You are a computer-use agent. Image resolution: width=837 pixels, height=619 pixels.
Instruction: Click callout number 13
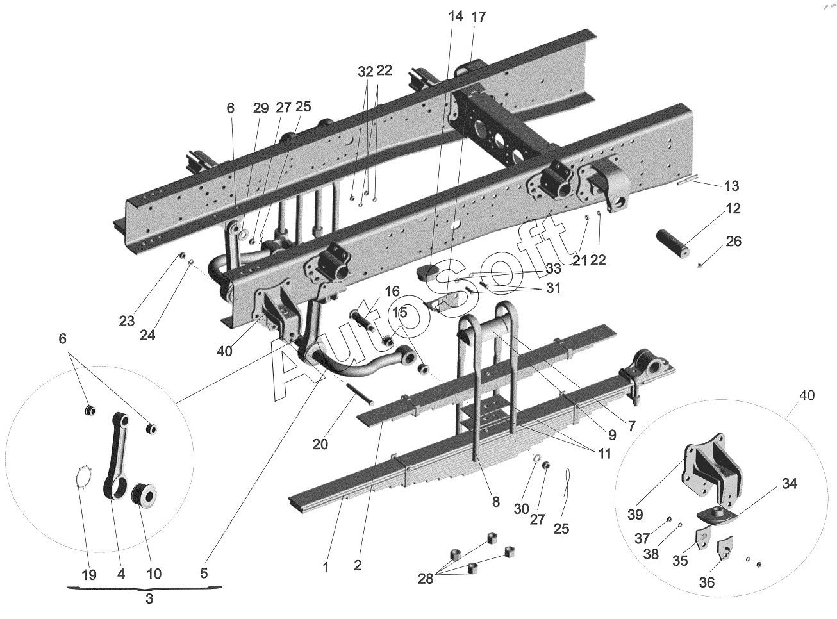[x=731, y=186]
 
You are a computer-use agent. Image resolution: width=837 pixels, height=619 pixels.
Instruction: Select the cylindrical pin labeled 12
[x=674, y=245]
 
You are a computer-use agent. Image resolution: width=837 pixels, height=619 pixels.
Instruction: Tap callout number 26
[x=734, y=242]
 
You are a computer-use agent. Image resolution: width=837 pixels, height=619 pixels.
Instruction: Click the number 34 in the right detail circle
[x=790, y=484]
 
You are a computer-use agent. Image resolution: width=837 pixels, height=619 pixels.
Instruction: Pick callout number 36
[x=706, y=582]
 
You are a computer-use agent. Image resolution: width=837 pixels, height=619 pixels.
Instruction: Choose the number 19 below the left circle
[x=90, y=574]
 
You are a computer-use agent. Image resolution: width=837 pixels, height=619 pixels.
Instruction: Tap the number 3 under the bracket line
[x=149, y=600]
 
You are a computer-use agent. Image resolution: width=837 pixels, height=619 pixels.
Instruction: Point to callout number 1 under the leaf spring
[x=326, y=566]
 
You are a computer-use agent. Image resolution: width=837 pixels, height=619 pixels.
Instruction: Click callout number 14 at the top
[x=456, y=17]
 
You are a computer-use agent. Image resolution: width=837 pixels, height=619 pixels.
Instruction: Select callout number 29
[x=260, y=108]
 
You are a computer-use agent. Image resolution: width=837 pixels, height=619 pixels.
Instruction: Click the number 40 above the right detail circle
[x=807, y=396]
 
